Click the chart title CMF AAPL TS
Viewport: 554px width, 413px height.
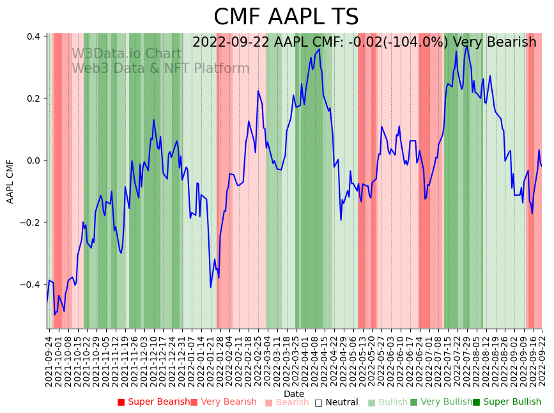[286, 17]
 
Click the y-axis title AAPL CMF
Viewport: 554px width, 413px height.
[10, 182]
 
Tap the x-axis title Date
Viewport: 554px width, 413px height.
[294, 394]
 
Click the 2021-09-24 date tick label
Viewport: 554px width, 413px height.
[49, 359]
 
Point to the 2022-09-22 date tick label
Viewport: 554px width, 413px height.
[542, 359]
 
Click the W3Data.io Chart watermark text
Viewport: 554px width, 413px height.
[127, 54]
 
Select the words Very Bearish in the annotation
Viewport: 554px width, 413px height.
[495, 42]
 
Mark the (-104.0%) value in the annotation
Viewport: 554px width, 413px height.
[419, 42]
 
